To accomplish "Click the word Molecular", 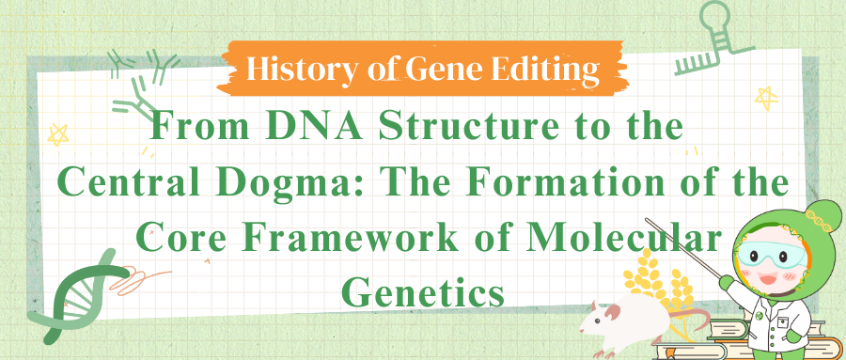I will point(615,236).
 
